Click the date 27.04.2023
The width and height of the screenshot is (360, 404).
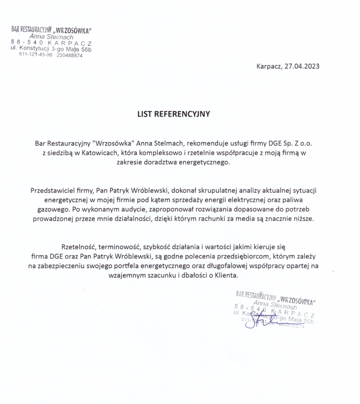coord(302,66)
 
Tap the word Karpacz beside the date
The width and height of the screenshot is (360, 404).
coord(269,66)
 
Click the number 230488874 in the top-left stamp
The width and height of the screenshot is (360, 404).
coord(70,55)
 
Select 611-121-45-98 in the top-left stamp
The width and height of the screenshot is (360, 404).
coord(36,55)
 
